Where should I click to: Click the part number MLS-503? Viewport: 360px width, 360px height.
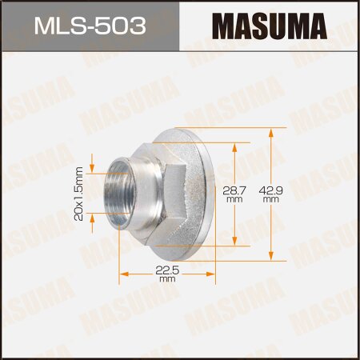point(90,27)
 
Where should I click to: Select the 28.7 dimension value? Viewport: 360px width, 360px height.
point(234,191)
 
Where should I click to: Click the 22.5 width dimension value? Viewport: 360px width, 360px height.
point(166,270)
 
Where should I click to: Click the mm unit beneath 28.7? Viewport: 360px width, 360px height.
point(234,201)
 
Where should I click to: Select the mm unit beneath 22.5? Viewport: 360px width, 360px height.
point(166,280)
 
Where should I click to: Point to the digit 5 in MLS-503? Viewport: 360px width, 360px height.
point(106,27)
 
